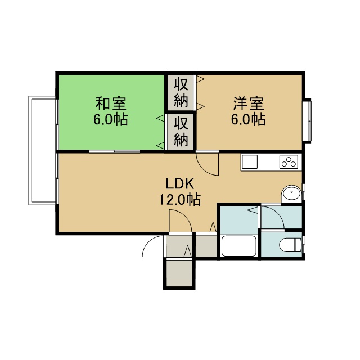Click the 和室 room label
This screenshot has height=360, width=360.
111,103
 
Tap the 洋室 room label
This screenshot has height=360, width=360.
249,103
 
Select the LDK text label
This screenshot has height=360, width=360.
180,184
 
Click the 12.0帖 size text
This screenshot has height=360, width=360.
180,200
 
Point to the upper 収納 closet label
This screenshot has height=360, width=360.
181,92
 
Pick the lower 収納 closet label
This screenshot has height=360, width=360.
181,132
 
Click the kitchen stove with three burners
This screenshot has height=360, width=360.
289,161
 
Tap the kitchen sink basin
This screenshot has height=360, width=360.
250,161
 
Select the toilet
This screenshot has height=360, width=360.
290,245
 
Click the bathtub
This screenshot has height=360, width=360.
238,246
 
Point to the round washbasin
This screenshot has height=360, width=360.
291,192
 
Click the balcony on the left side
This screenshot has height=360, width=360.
42,150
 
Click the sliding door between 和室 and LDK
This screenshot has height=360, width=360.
114,151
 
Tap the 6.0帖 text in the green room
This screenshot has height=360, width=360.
111,119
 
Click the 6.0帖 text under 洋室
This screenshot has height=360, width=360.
249,119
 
